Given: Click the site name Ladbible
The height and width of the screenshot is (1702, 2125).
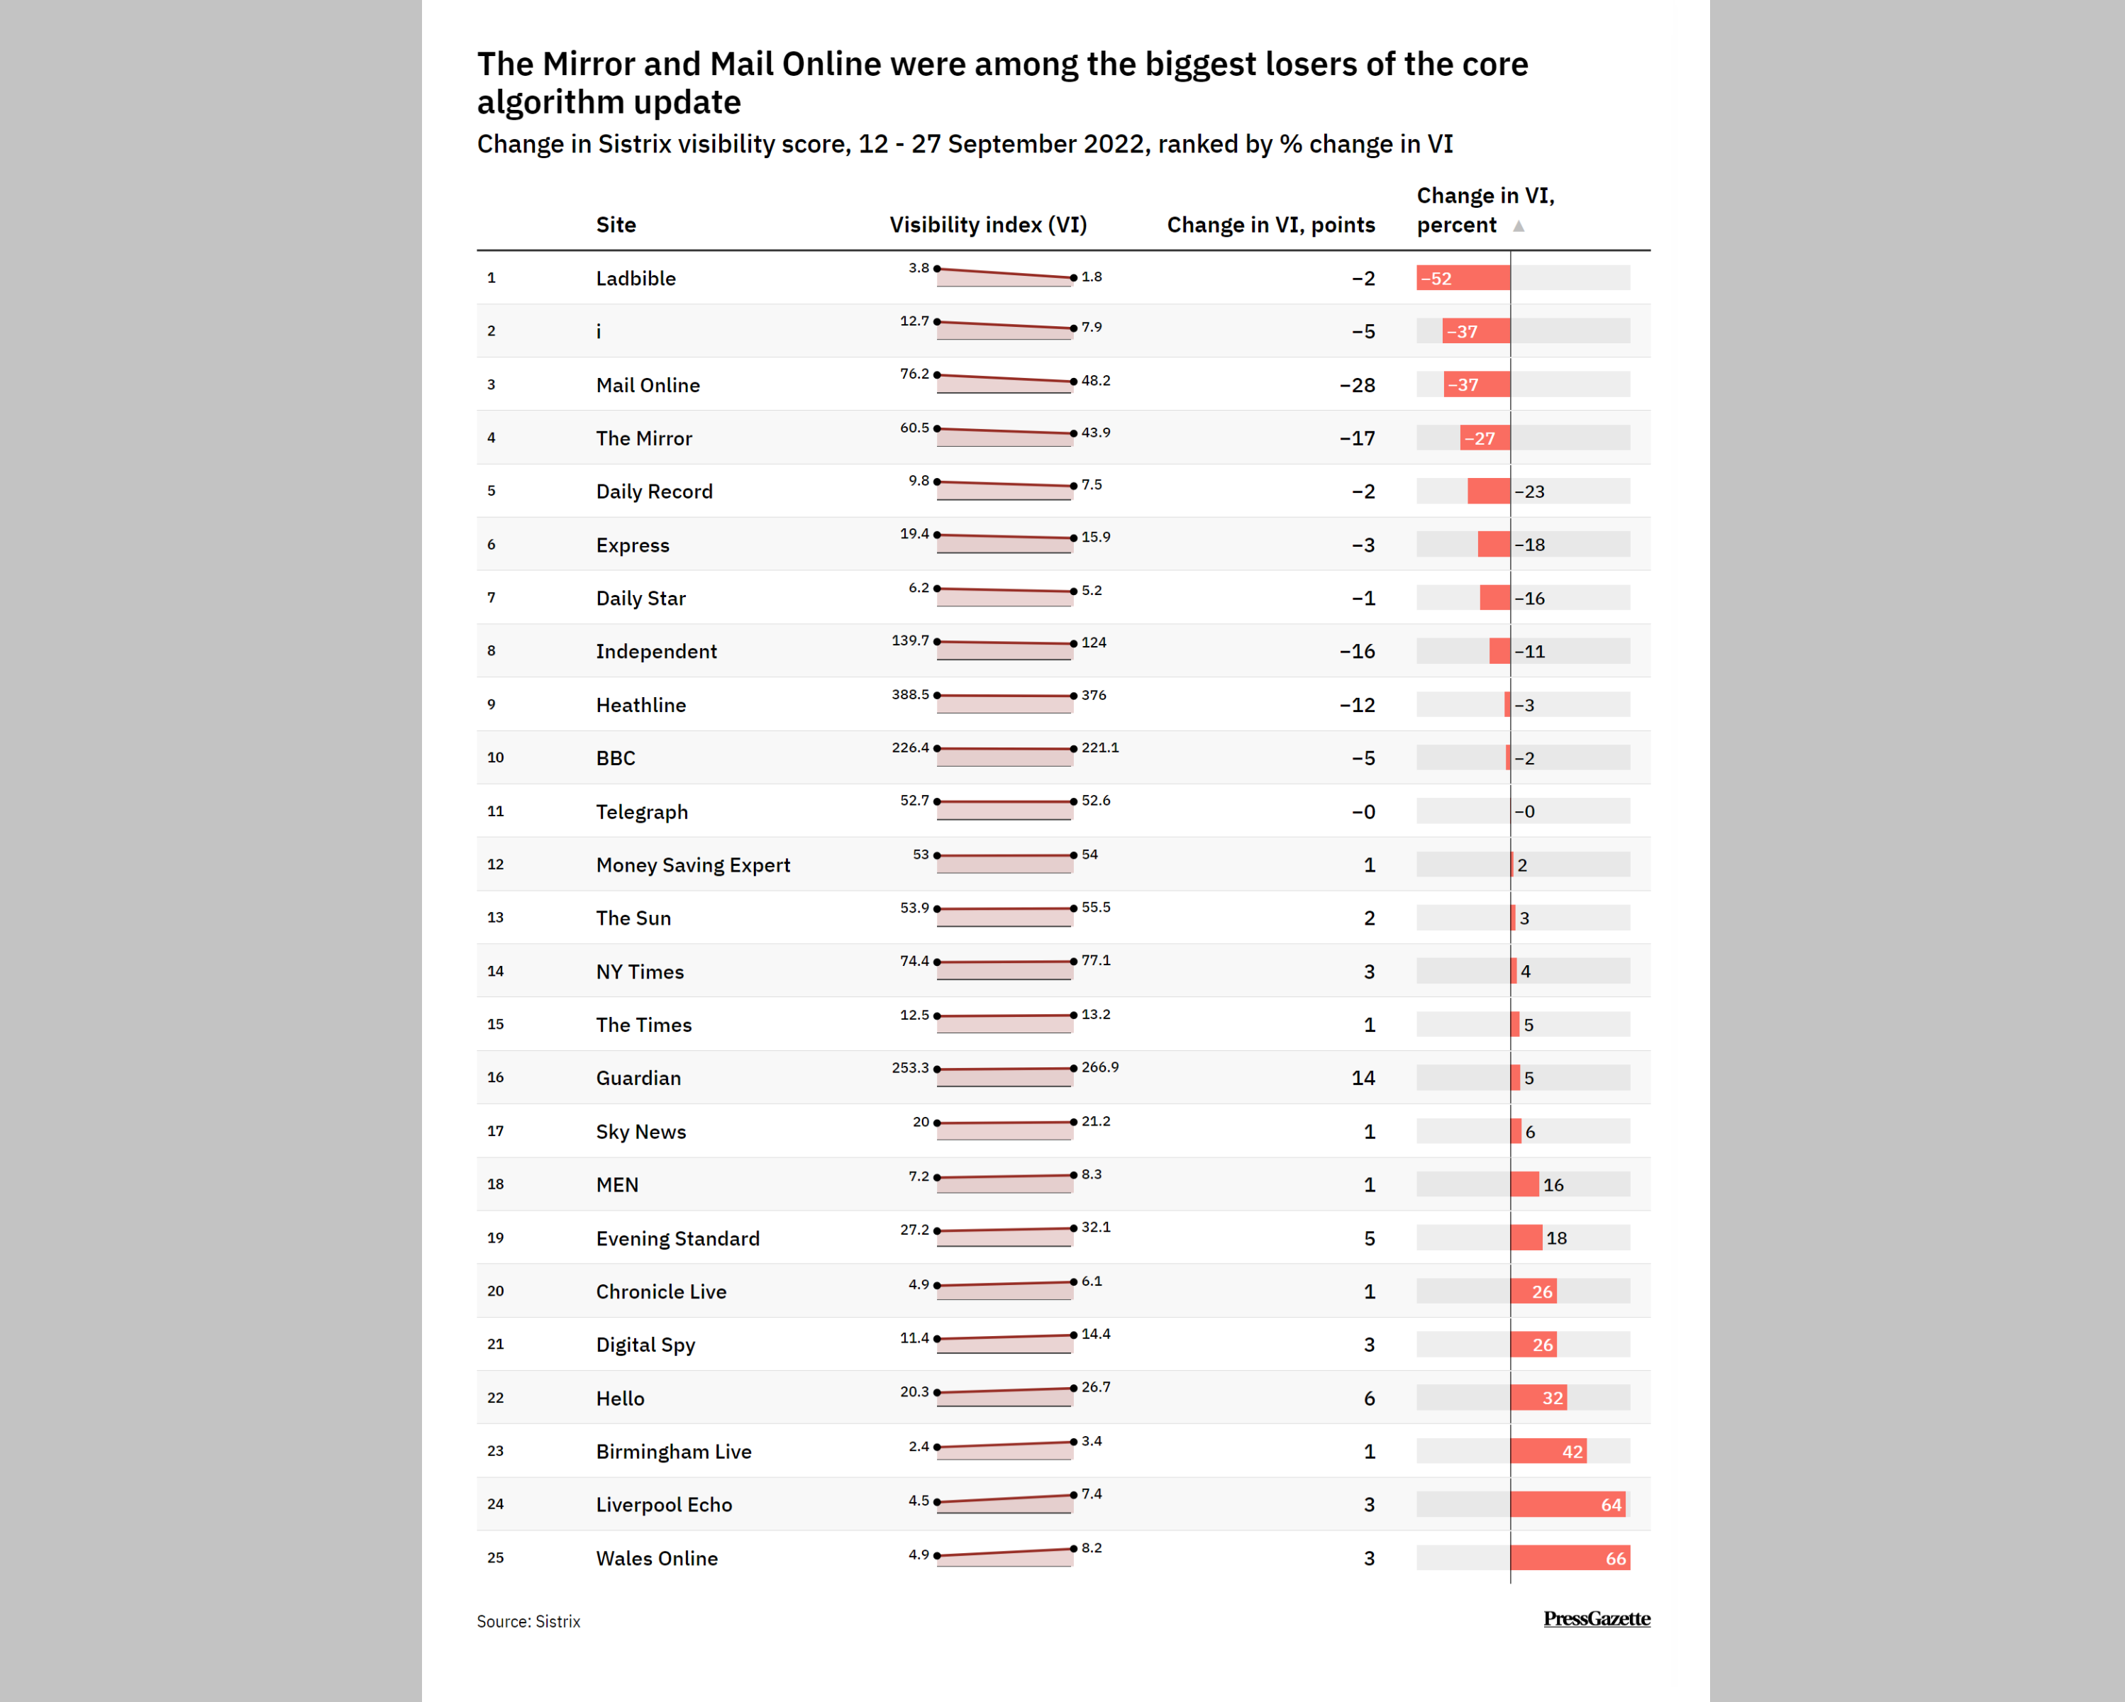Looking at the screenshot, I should click(x=636, y=279).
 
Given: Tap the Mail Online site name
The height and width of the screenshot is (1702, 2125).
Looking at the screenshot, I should click(x=648, y=385).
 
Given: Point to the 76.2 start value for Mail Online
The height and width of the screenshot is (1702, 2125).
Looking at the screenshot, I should click(x=914, y=374).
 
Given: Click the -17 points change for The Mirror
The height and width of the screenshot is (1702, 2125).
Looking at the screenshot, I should click(x=1356, y=438).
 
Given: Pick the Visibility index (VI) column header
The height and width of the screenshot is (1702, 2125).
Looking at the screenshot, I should click(x=987, y=225).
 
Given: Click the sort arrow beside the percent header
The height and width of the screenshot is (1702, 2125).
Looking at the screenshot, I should click(x=1519, y=226).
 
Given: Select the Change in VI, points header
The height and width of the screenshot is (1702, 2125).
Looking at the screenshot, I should click(x=1270, y=225).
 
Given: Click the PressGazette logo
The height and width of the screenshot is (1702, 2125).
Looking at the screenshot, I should click(x=1596, y=1618).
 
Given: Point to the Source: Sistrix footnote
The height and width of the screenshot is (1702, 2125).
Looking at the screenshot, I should click(x=528, y=1621).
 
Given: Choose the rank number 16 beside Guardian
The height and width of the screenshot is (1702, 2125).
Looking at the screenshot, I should click(x=495, y=1077).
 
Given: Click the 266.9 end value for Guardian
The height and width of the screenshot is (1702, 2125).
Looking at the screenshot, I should click(x=1100, y=1067).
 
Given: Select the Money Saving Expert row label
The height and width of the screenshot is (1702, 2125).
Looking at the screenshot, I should click(x=693, y=865).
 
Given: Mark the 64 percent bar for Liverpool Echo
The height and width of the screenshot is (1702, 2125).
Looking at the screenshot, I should click(x=1567, y=1505).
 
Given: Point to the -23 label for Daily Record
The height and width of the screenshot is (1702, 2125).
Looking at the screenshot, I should click(x=1530, y=491).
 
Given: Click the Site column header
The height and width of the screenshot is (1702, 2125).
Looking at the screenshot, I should click(x=616, y=225).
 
